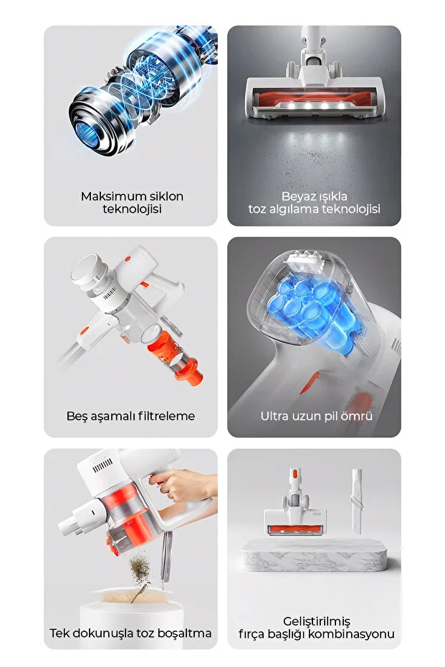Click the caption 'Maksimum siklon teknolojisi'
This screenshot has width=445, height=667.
(x=132, y=203)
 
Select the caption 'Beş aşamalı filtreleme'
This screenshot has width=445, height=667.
(x=130, y=416)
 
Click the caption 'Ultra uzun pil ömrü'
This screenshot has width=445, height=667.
(x=316, y=416)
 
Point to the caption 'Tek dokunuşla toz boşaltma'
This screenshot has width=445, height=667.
(x=130, y=633)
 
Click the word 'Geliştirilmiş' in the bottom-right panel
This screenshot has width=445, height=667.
(x=316, y=620)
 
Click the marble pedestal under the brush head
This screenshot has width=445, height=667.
(x=316, y=557)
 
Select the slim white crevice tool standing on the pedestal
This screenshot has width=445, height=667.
(x=355, y=502)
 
